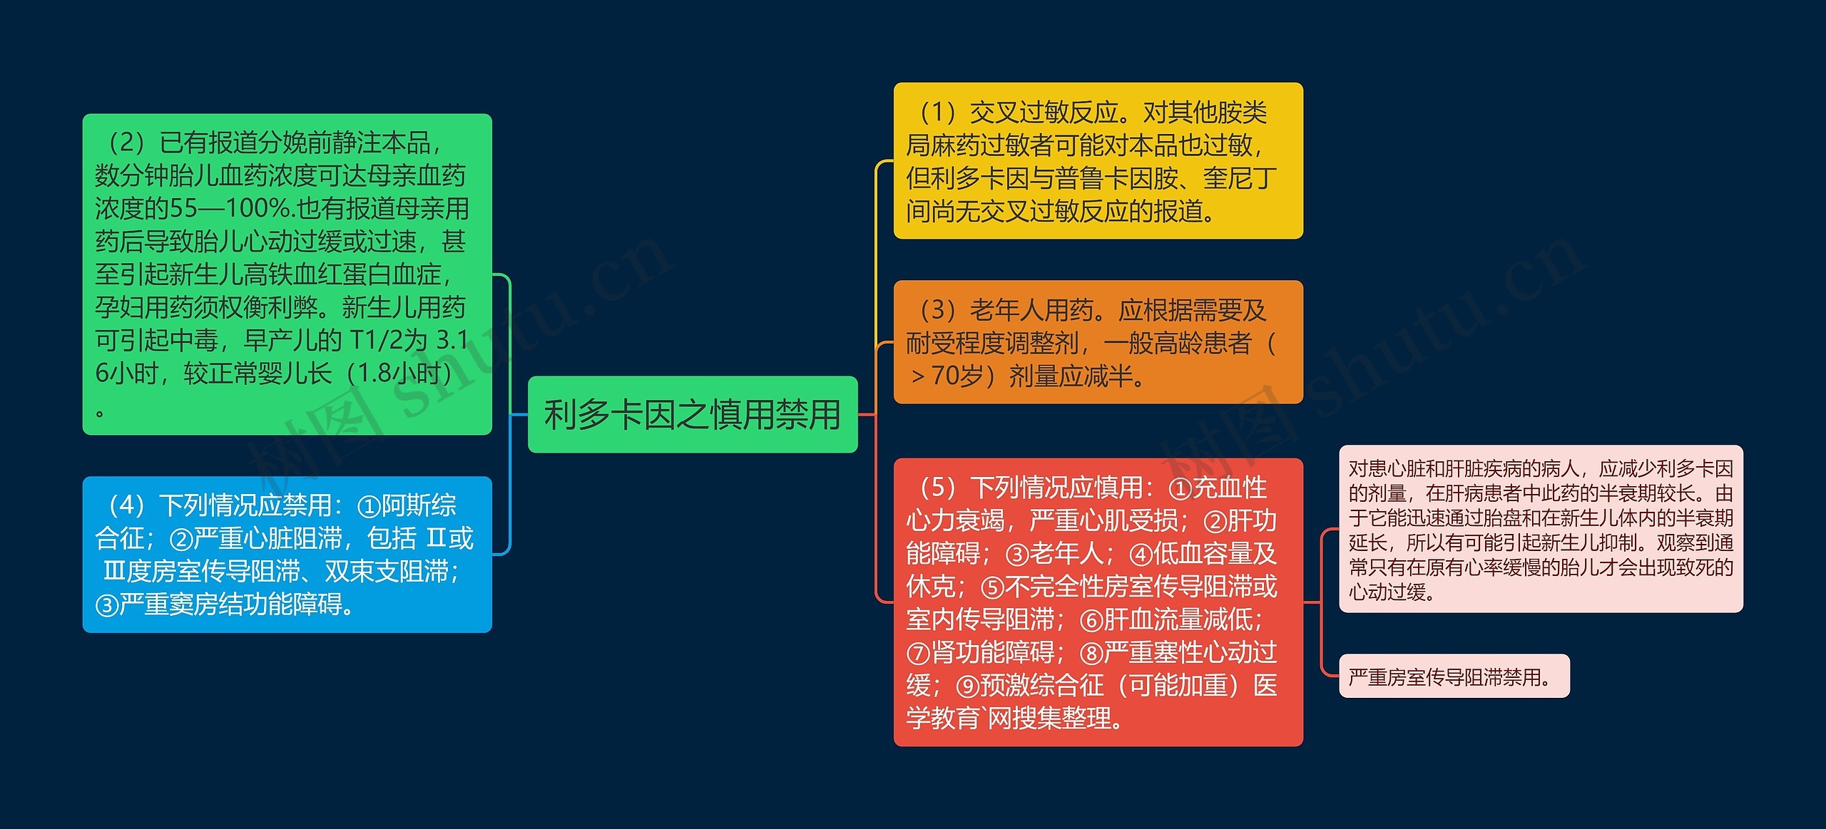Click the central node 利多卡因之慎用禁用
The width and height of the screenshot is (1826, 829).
click(692, 414)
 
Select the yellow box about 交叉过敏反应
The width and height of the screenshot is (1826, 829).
click(1098, 160)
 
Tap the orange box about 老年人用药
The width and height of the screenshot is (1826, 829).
click(1098, 342)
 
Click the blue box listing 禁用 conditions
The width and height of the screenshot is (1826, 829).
click(287, 554)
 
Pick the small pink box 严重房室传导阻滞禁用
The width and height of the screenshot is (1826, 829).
click(1453, 676)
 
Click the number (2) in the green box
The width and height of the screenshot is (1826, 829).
click(126, 143)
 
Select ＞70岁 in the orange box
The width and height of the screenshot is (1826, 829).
click(946, 376)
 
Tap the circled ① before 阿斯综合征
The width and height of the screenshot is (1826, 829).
click(369, 506)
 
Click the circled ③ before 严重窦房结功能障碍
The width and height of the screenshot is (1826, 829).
click(106, 605)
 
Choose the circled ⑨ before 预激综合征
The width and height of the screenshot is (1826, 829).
click(967, 686)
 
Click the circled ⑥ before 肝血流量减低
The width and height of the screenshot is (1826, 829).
click(1091, 620)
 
